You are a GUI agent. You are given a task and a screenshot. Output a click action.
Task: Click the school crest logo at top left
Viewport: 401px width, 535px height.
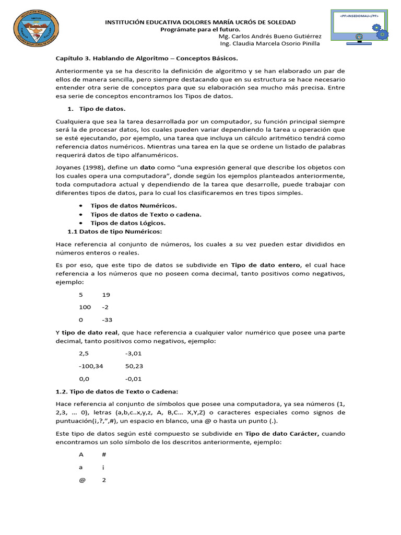[x=34, y=30]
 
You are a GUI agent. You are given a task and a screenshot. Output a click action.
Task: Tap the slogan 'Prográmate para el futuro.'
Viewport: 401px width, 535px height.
[x=200, y=29]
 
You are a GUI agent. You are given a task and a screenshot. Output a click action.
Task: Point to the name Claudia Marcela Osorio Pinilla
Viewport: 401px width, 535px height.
[x=277, y=43]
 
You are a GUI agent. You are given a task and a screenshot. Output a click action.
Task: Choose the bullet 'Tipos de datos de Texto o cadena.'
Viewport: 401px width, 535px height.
[x=146, y=214]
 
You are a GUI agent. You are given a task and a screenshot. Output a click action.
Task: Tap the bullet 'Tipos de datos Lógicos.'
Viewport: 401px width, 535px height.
[x=128, y=223]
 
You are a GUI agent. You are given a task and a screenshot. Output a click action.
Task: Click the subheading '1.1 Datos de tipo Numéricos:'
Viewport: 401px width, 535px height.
[x=115, y=231]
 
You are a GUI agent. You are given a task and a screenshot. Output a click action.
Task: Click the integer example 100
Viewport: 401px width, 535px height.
[x=85, y=307]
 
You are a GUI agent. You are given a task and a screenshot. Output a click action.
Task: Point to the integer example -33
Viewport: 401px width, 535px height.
[x=108, y=320]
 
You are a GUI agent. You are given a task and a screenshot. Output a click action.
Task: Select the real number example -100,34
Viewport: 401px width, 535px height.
[x=91, y=366]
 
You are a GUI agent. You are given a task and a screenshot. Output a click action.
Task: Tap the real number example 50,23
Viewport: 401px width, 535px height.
[x=134, y=366]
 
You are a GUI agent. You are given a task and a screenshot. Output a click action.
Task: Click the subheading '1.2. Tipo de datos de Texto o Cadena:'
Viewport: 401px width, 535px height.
[x=117, y=391]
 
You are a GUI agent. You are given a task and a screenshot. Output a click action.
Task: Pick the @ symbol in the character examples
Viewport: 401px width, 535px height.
[x=82, y=480]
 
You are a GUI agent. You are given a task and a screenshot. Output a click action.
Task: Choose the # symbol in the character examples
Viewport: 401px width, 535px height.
[x=104, y=455]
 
